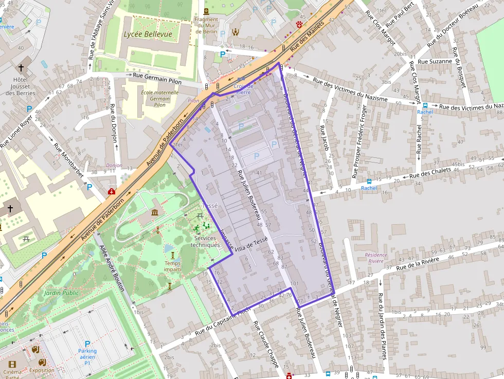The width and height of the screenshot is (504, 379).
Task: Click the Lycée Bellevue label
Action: pyautogui.click(x=148, y=34)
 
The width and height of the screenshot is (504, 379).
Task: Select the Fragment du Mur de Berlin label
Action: pyautogui.click(x=206, y=26)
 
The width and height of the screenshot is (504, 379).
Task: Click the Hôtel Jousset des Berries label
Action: pyautogui.click(x=23, y=87)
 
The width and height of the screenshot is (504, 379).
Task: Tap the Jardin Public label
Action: pyautogui.click(x=62, y=293)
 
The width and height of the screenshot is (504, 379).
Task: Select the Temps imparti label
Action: pyautogui.click(x=173, y=266)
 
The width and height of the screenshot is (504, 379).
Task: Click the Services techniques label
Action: pyautogui.click(x=205, y=241)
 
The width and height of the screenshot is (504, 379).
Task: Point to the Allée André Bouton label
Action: pyautogui.click(x=112, y=267)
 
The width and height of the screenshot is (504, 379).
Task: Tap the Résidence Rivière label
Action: pyautogui.click(x=374, y=258)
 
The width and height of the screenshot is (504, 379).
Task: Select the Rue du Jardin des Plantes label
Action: pyautogui.click(x=382, y=326)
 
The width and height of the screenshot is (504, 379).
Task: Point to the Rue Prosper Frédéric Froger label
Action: pyautogui.click(x=359, y=141)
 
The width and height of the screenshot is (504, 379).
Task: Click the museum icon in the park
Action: pyautogui.click(x=155, y=213)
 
